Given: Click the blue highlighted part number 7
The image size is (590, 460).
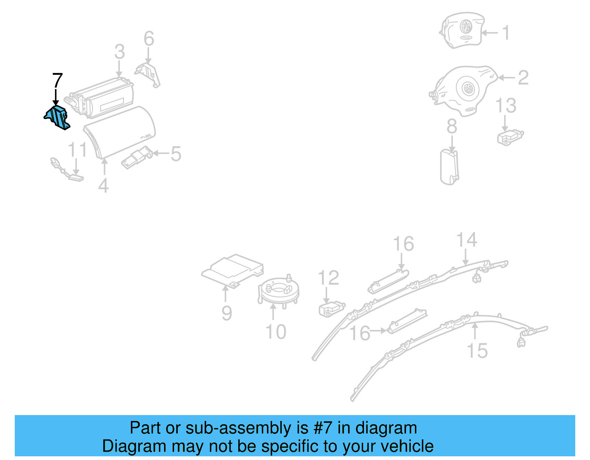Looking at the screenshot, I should coord(57,117).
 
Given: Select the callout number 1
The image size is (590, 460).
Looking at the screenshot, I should coord(506,33).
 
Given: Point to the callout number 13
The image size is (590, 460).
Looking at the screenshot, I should coord(506,106).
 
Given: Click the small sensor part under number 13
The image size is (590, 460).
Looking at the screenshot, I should coord(510,137).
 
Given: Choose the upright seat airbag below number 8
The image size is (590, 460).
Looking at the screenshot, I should coord(449,167).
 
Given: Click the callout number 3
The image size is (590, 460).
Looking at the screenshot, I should coord(119,52).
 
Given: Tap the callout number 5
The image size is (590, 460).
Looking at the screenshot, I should coord(176,154).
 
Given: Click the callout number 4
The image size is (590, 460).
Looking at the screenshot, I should coord(103,186).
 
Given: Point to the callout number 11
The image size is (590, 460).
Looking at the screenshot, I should coord(77,150).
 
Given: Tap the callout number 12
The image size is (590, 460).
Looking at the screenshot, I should coord(328,278).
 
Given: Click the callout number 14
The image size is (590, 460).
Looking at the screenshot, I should coord(466,240).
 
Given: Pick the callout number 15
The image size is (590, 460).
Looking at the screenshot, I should coord(477,351).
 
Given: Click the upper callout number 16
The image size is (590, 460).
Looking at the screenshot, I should coord(403,244).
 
